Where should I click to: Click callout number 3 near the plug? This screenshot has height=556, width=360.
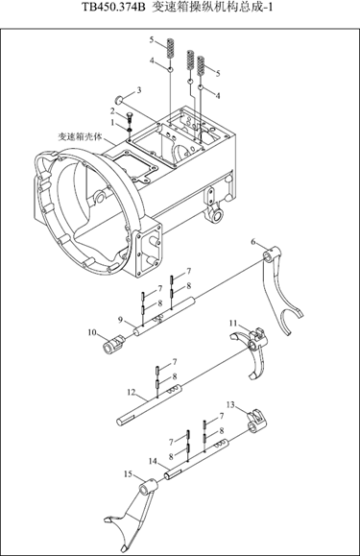[139, 90]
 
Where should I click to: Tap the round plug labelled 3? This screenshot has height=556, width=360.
[120, 99]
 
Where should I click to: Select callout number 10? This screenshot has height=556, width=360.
[92, 332]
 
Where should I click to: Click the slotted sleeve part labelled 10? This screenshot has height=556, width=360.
[112, 345]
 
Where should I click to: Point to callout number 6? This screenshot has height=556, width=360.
[253, 242]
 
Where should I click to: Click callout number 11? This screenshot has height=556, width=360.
[232, 323]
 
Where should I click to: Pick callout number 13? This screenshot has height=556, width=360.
[230, 404]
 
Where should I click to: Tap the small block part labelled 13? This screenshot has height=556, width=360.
[256, 421]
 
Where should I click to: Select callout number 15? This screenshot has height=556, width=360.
[129, 473]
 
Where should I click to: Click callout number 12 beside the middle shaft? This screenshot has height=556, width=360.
[132, 392]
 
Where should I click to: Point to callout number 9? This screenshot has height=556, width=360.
[120, 320]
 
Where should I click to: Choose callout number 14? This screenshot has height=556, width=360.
[153, 461]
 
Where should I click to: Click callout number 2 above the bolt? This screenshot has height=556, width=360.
[112, 111]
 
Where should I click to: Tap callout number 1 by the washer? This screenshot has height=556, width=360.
[112, 122]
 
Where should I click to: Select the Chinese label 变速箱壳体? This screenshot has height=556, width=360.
[80, 136]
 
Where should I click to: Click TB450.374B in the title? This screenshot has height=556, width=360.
[113, 7]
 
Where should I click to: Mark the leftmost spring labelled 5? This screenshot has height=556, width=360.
[171, 48]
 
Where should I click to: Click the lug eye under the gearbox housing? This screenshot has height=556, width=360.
[216, 214]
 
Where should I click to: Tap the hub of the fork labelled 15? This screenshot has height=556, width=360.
[149, 486]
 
